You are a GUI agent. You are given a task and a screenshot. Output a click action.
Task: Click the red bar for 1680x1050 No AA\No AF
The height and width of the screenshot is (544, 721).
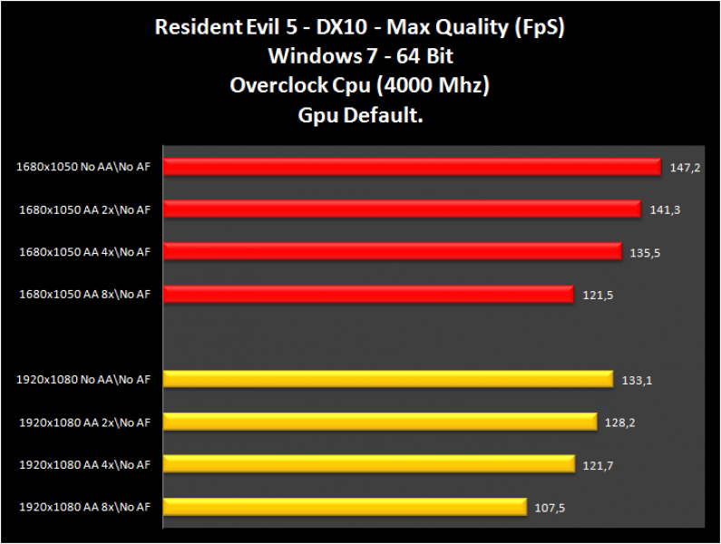(413, 167)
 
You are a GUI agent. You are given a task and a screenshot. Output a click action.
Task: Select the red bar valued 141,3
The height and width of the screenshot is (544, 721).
(403, 209)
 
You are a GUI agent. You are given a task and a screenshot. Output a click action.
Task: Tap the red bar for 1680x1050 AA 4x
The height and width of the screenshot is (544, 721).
(393, 252)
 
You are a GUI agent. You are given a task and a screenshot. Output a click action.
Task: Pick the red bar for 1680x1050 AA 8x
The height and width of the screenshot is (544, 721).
(369, 295)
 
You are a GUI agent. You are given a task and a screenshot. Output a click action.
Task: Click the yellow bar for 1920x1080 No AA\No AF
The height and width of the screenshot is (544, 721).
(389, 379)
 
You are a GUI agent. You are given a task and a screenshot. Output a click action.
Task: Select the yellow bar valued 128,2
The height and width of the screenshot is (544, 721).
(381, 422)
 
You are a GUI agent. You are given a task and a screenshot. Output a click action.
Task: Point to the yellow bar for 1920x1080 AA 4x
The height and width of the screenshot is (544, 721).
(369, 464)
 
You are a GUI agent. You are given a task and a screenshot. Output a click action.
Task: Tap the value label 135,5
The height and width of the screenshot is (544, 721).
(645, 253)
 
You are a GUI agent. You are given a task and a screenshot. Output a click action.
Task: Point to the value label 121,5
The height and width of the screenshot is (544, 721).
(597, 296)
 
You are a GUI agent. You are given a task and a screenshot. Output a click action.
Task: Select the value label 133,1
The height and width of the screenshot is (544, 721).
(637, 380)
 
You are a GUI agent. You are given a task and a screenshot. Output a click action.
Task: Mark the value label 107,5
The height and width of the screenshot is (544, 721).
(550, 508)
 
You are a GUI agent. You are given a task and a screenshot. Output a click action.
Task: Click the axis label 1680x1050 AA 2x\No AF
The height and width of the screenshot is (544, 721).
(84, 209)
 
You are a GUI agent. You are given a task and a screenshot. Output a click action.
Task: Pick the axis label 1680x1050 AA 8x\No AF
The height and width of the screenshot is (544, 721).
(84, 294)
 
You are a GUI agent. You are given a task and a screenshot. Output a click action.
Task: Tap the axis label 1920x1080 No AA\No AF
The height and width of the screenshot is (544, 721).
(83, 380)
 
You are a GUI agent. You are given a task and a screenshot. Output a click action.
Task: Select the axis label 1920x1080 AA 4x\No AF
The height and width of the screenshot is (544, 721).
(83, 464)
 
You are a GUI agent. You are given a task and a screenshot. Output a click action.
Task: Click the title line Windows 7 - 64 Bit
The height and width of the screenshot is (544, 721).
(360, 56)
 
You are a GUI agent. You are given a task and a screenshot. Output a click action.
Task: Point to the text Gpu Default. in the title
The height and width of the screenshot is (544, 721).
(360, 115)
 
